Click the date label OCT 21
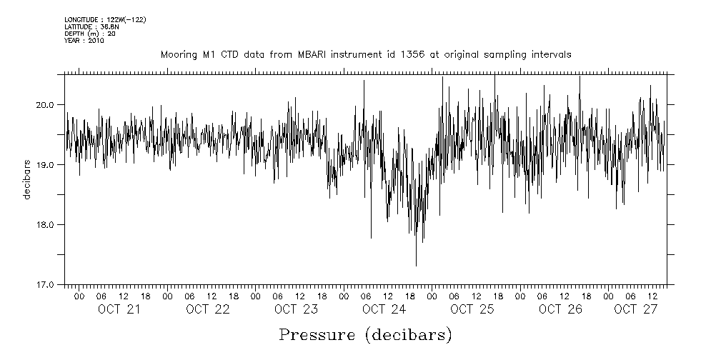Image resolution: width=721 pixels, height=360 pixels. pos(119,309)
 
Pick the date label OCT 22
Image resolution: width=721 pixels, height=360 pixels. pos(208,309)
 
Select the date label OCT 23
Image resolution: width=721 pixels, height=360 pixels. pos(296,309)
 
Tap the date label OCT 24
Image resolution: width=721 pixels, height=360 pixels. pos(384,309)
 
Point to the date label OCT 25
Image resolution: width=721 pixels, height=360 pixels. pos(472,309)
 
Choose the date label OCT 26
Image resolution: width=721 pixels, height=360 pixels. pos(561,309)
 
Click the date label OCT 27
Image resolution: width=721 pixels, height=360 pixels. pos(635,309)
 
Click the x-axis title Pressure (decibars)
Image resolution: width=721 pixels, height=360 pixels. pos(365,335)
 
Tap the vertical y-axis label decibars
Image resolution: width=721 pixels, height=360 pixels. pos(26,179)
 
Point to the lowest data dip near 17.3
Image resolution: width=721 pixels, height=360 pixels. pos(416,265)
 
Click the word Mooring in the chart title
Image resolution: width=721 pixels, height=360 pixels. pos(174,55)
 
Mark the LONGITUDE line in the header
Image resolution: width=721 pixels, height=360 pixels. pos(105,19)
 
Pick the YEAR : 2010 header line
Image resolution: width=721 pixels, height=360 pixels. pos(84,41)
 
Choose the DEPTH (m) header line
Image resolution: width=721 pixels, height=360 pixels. pos(90,34)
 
